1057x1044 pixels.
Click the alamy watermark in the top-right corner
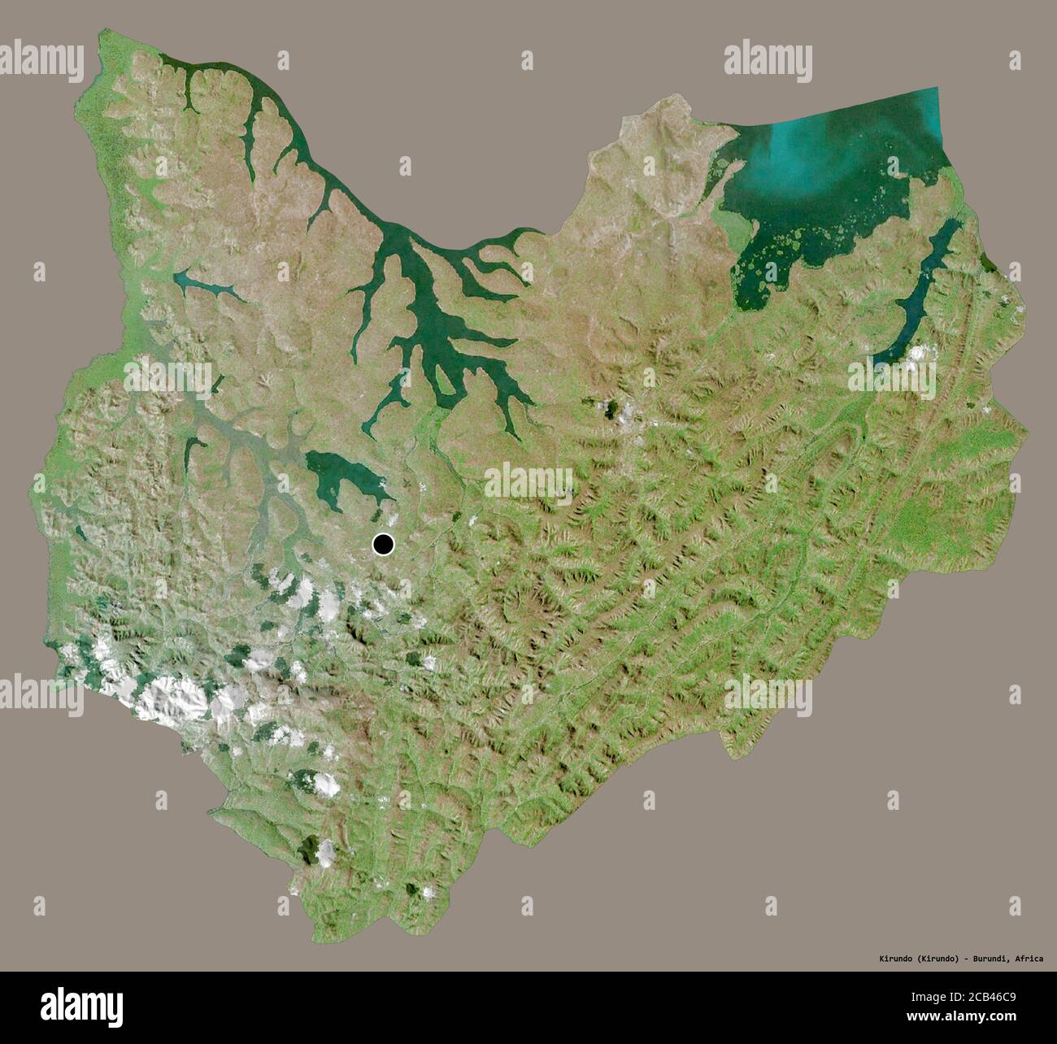pyautogui.click(x=768, y=61)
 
